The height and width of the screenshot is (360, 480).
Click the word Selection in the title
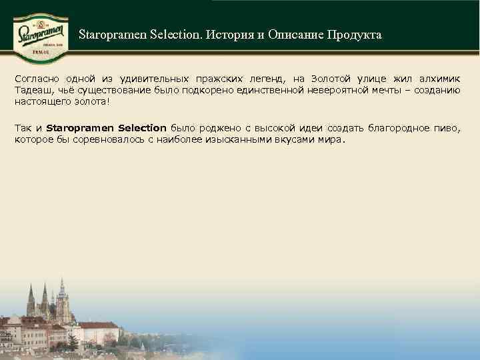tap(158, 35)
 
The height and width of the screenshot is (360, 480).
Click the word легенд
tap(265, 78)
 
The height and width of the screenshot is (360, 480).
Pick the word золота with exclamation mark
tap(87, 101)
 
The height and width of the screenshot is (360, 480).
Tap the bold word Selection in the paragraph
tap(141, 127)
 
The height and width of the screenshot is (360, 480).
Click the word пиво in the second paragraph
tap(447, 127)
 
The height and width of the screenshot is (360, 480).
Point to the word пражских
tap(213, 78)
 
